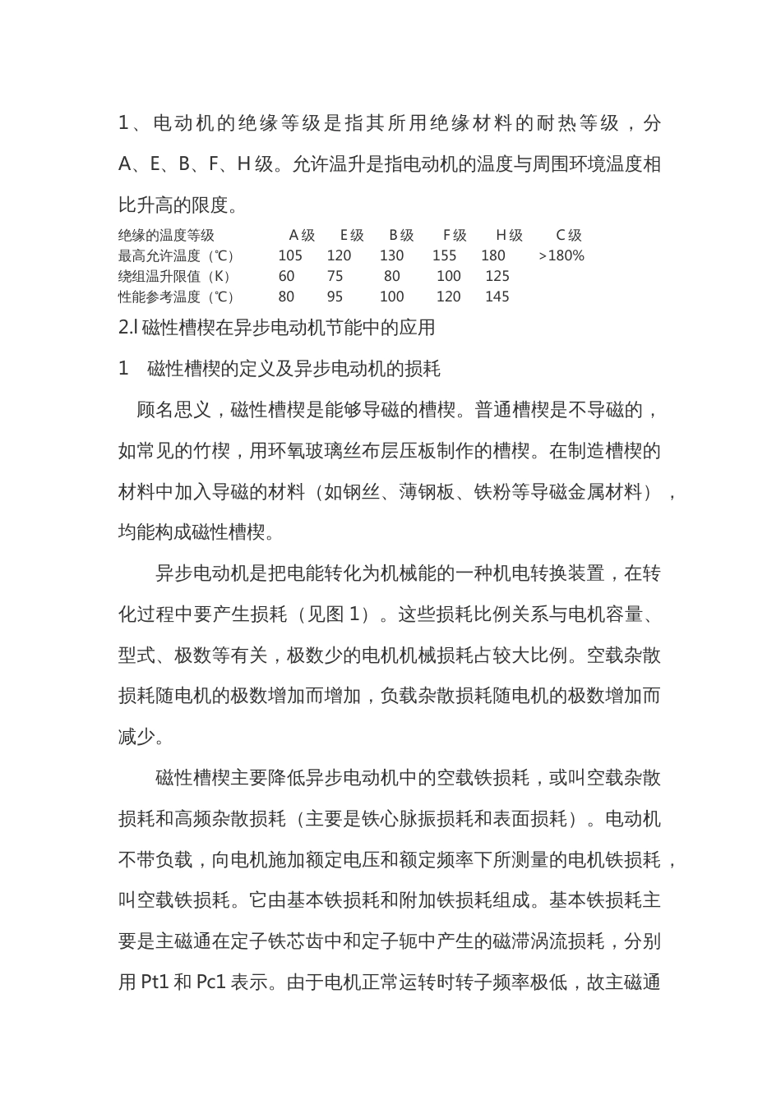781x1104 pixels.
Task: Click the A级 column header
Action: coord(302,236)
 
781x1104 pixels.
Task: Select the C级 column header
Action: coord(568,236)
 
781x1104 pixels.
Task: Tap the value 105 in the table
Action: coord(290,255)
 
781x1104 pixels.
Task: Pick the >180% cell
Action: coord(561,255)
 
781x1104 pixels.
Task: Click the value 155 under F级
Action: coord(444,255)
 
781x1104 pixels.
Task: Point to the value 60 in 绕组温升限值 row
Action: coord(286,276)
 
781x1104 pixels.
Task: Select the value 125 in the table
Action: coord(497,276)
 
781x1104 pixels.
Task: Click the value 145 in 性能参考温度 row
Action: coord(497,297)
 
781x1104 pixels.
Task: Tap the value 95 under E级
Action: coord(335,297)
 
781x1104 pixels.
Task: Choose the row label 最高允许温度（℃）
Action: coord(177,255)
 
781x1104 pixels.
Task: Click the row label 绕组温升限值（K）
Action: coord(174,276)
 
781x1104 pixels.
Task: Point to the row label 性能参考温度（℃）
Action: coord(177,297)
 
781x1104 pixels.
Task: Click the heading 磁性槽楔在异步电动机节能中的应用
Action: coord(288,328)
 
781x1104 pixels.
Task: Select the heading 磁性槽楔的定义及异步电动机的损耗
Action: coord(293,369)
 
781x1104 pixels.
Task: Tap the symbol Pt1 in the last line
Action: coord(155,982)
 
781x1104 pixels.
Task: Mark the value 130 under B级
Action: coord(392,255)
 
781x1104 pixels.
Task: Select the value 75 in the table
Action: coord(335,276)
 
